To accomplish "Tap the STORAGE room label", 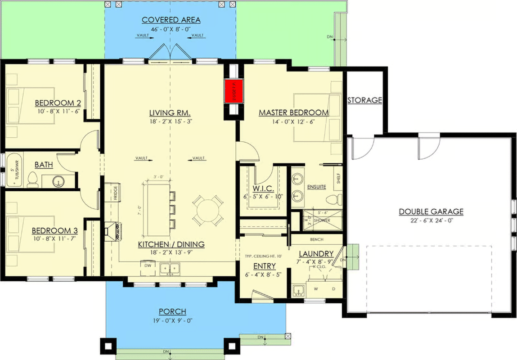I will click(364, 100).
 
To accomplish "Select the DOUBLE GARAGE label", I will click(431, 212).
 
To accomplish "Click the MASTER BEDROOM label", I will click(293, 112).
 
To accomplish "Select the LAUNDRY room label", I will click(315, 254).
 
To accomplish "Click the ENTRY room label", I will click(264, 266).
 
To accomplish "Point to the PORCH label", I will click(172, 312).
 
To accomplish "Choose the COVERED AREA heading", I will click(171, 20).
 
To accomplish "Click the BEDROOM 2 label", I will click(58, 103).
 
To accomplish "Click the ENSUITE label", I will click(316, 187).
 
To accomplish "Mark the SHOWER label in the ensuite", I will click(322, 220).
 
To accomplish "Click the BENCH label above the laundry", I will click(317, 239).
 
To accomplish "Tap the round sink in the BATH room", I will click(57, 181).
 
